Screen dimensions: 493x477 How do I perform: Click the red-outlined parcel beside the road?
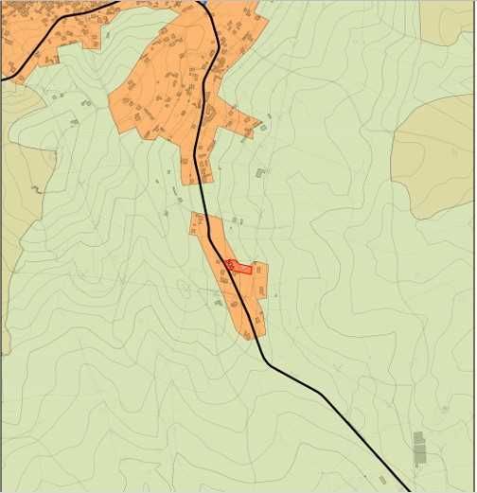click(239, 268)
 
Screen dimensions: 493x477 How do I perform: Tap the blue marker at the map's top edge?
click(203, 3)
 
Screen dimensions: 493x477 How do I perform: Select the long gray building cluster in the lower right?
click(419, 448)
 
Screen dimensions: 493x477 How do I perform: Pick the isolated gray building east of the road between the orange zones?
click(260, 173)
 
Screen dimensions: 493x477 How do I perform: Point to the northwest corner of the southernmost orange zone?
click(193, 215)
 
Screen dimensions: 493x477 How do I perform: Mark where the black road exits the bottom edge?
click(407, 489)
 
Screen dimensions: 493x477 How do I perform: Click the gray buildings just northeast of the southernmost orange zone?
click(237, 220)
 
